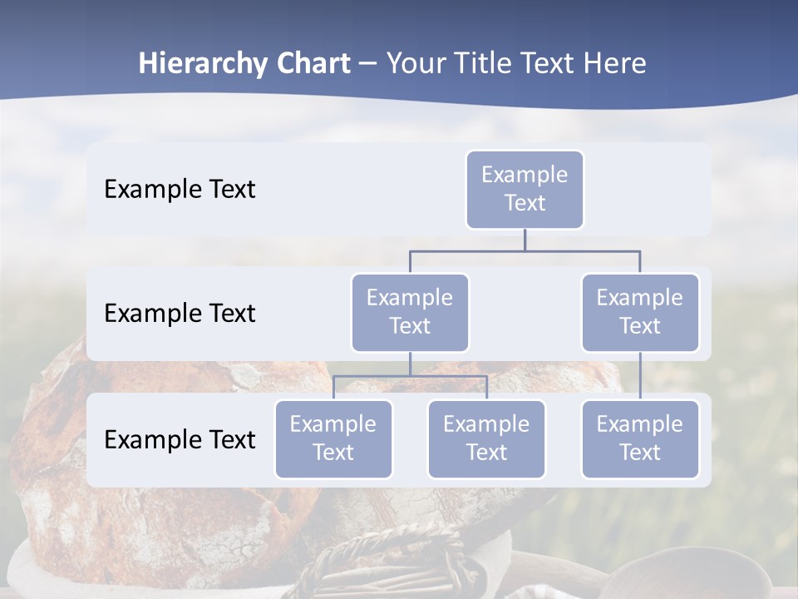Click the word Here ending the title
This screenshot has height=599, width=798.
click(x=613, y=64)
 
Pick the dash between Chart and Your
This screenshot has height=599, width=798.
click(x=368, y=65)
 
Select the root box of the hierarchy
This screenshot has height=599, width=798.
click(x=525, y=189)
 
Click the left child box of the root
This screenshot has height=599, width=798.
click(x=410, y=312)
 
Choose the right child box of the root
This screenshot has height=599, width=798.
click(x=640, y=312)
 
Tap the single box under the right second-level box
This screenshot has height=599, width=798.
click(x=640, y=438)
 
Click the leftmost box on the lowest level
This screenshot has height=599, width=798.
click(x=333, y=438)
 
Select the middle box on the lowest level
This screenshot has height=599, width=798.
click(x=486, y=438)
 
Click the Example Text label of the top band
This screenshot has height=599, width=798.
click(x=180, y=190)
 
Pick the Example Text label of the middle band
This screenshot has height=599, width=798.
click(x=180, y=314)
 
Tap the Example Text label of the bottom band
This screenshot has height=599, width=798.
click(x=180, y=439)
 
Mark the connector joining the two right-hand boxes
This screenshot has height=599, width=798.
click(x=640, y=376)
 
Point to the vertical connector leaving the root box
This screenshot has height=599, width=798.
click(x=525, y=240)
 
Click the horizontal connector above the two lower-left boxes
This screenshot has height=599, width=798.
click(x=410, y=376)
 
